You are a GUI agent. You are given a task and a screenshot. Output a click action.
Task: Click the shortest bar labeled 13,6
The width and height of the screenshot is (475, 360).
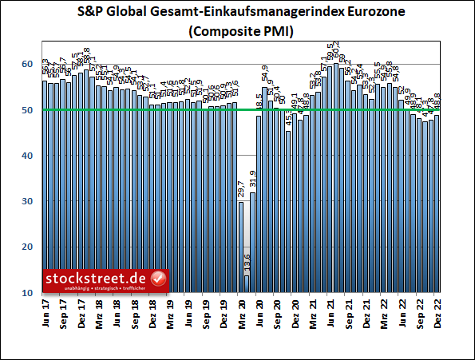pos(247,284)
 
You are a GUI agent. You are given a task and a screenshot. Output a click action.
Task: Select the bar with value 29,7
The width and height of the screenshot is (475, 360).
pos(241,247)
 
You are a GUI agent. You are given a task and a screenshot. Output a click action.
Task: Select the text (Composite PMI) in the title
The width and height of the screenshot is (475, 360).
pos(237,32)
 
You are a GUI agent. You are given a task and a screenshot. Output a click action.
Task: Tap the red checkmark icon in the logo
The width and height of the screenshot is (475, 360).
pos(158,279)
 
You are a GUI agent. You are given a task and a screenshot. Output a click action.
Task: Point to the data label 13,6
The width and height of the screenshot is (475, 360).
pos(247,262)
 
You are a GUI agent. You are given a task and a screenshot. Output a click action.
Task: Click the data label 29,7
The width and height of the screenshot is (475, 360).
pos(241,190)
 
